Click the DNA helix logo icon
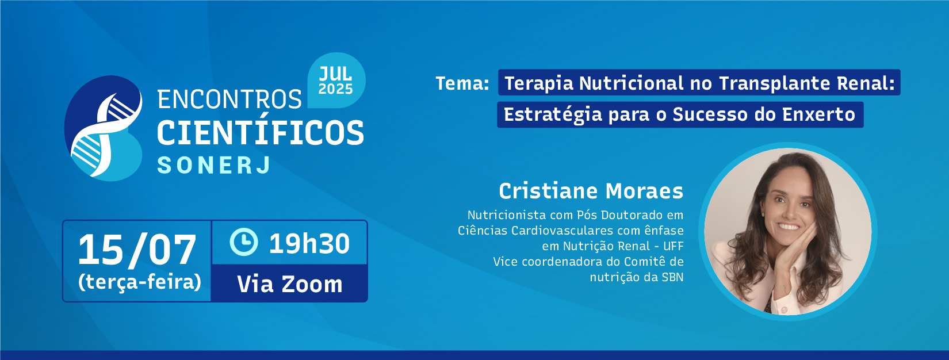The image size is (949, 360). (103, 128)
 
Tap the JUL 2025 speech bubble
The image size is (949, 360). (336, 80)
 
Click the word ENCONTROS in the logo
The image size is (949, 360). (229, 99)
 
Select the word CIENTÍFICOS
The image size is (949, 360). (261, 133)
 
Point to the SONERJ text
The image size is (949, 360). (213, 165)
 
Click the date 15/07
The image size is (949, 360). (137, 251)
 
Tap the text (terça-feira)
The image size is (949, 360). (139, 282)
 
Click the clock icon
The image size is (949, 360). (244, 242)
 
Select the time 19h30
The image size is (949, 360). (309, 243)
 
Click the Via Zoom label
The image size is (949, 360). (290, 284)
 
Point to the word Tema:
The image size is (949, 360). (462, 83)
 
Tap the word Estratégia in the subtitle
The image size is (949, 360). (553, 115)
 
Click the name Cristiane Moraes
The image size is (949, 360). (591, 190)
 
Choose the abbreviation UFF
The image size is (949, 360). (674, 246)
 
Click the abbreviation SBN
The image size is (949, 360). (672, 277)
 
